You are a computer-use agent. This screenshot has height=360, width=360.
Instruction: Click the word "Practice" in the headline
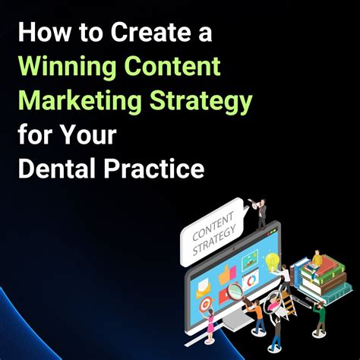tap(156, 167)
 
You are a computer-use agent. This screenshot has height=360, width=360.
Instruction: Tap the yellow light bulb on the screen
tap(270, 263)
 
